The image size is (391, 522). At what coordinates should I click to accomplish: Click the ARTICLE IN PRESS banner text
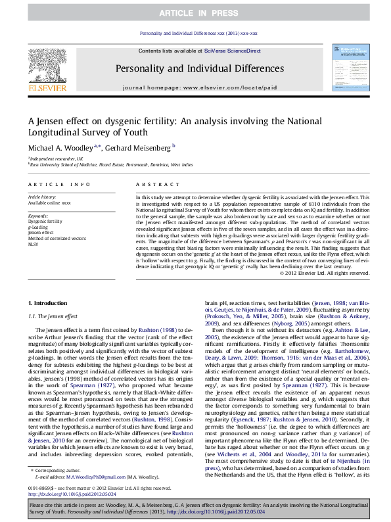click(x=195, y=14)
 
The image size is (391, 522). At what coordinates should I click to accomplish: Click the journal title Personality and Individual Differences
click(x=195, y=68)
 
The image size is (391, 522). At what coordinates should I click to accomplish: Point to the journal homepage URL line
click(x=195, y=87)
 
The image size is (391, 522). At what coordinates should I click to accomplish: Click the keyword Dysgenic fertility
click(x=41, y=222)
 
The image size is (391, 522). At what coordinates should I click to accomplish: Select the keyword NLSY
click(x=33, y=243)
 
